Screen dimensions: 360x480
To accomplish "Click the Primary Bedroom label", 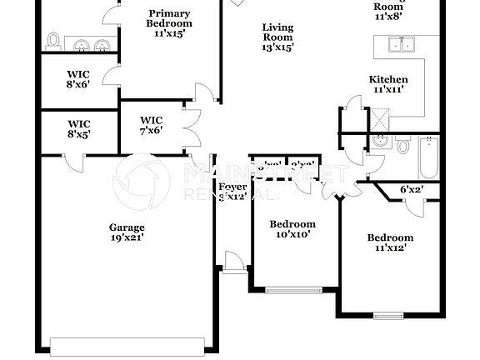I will pos(169,24).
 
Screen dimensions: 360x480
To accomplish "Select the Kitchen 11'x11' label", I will pos(388,84).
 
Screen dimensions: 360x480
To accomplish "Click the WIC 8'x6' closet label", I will pos(79,78).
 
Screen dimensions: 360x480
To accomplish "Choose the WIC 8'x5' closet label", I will pos(79,128).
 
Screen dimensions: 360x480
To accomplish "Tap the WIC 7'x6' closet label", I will pos(151,125).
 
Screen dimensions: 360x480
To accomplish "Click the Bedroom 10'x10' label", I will pos(292,230).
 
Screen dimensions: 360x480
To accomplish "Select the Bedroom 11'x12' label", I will pos(390,243).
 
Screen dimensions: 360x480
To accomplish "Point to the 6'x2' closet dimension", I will pos(411,190).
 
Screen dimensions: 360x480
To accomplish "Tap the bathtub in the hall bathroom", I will pos(428,157).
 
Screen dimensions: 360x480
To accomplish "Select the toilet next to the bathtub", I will pos(403,147).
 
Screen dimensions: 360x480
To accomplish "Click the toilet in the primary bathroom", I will pos(54,42).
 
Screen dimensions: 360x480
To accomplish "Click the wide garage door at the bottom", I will pos(127,345).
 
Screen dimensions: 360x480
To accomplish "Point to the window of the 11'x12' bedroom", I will pos(388,315).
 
